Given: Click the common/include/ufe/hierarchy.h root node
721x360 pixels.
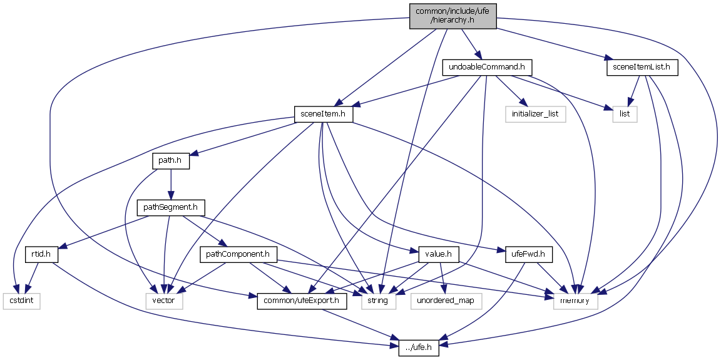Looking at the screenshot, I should click(453, 15).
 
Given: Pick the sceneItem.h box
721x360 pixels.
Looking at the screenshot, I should click(324, 115).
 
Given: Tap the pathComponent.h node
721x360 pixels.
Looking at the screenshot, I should click(238, 254).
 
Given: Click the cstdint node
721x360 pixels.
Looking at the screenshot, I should click(21, 301).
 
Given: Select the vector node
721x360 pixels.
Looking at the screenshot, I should click(165, 301).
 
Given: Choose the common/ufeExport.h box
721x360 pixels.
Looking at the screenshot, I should click(302, 301).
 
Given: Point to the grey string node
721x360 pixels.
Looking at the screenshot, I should click(377, 301).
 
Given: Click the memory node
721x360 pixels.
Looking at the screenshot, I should click(575, 301).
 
